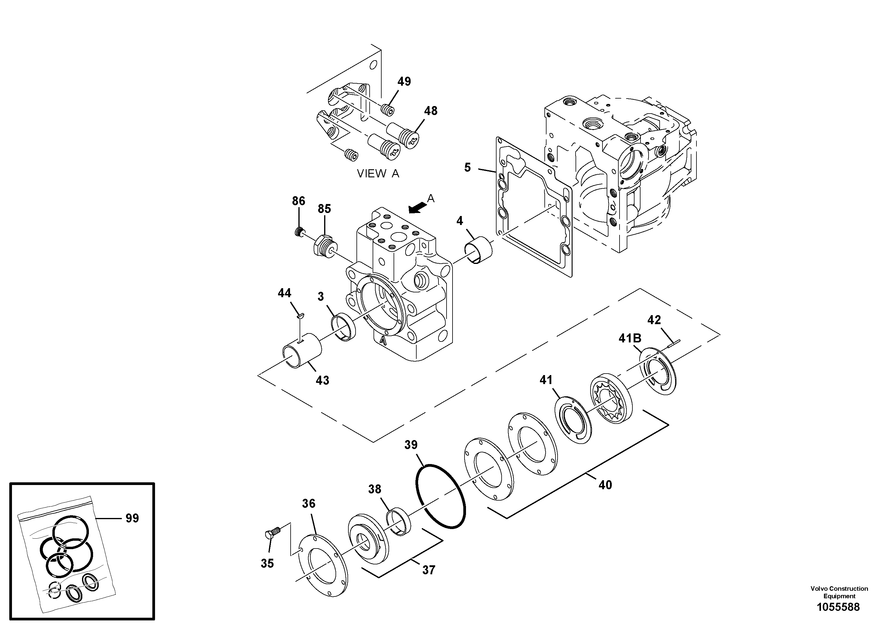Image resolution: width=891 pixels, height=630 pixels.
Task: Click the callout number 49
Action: tap(404, 81)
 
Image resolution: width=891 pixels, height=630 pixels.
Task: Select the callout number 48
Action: tap(430, 111)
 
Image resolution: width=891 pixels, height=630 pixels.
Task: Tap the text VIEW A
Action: tap(378, 174)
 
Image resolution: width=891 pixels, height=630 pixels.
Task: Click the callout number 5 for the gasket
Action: tap(467, 167)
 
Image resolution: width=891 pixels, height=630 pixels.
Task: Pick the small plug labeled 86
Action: tap(298, 232)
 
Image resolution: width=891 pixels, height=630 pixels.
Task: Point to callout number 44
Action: tap(284, 293)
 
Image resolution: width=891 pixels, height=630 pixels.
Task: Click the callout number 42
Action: tap(654, 320)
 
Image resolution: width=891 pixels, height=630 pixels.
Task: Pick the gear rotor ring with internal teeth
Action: tap(611, 398)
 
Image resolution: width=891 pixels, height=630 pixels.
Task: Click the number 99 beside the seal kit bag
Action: tap(132, 518)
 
